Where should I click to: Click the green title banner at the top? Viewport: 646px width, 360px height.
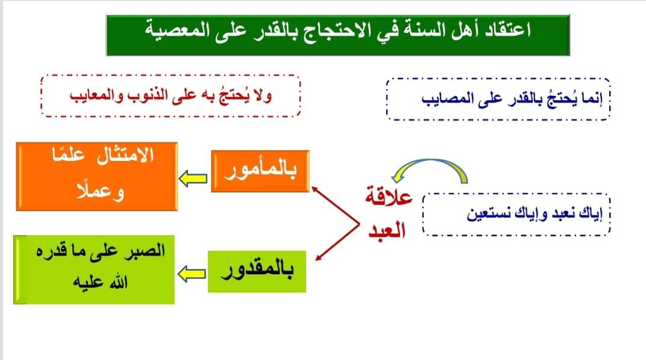coord(338,35)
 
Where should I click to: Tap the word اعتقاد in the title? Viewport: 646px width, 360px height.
coord(507,30)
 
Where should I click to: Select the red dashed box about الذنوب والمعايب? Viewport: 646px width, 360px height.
coord(171,96)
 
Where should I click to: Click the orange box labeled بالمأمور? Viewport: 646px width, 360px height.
coord(260,171)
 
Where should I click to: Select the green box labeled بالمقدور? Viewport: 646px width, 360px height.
coord(257,271)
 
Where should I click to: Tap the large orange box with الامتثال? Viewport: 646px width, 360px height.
coord(97,177)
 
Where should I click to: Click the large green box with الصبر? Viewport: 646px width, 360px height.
coord(94,270)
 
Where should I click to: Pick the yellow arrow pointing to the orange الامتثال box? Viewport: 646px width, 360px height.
coord(193,178)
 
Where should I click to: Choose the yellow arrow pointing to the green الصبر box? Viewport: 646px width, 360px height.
coord(192,274)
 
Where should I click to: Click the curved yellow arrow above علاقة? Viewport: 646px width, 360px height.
coord(430,161)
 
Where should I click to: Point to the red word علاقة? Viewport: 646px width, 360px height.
coord(389,197)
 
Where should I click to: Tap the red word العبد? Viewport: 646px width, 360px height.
coord(387,229)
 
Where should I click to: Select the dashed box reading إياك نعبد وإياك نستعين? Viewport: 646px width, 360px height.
coord(516,215)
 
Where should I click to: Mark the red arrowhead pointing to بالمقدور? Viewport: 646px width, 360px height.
coord(317,258)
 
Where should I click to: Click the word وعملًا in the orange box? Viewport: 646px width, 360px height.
coord(100,191)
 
